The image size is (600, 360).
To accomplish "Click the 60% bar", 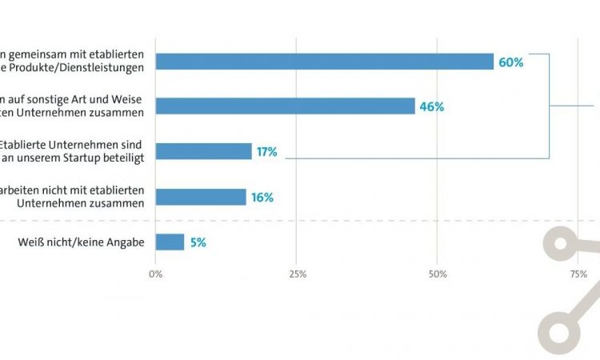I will click(324, 62).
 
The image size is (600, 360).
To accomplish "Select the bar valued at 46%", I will click(285, 106).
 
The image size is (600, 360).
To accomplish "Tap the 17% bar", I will click(203, 151).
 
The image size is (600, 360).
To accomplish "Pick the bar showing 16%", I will click(201, 197).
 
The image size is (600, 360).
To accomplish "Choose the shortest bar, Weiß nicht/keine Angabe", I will click(170, 242).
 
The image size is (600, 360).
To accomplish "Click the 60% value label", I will click(510, 62).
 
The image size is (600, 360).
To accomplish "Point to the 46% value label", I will click(431, 106).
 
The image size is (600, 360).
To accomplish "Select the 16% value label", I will click(262, 197).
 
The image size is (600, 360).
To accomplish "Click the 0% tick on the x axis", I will click(156, 274).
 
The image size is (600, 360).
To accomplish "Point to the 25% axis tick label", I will click(297, 274).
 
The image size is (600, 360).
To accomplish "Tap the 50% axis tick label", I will click(437, 274).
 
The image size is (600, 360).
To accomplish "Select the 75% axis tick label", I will click(578, 274).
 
